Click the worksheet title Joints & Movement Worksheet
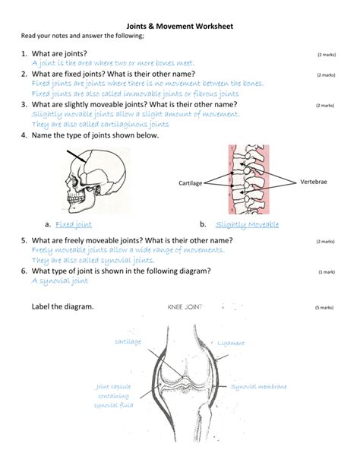coord(179,26)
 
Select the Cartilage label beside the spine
coord(190,184)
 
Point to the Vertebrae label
coord(314,182)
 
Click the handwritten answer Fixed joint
coord(74,225)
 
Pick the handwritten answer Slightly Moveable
coord(247,225)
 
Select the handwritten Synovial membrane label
coord(259,387)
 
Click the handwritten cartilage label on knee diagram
coord(128,342)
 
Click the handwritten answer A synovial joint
coord(60,281)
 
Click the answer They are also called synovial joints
coord(94,259)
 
